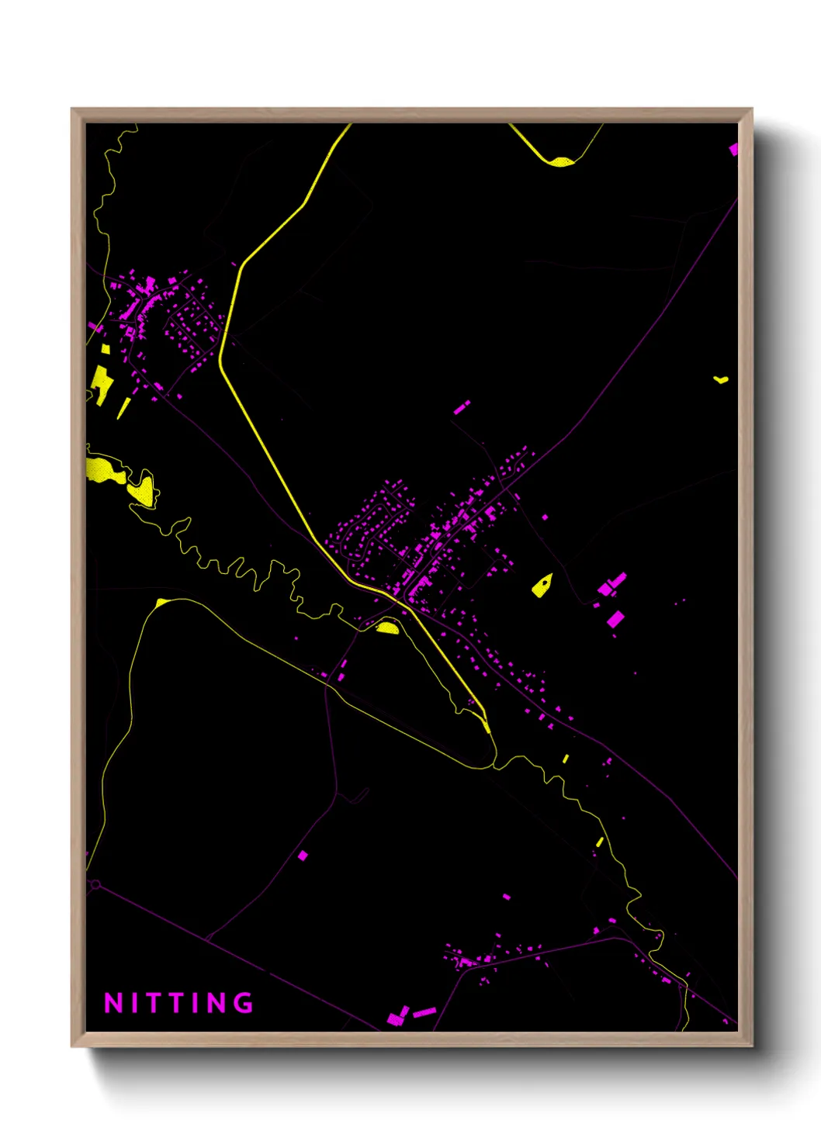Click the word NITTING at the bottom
pos(178,1003)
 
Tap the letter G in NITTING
pos(244,1003)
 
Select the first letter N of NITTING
pos(113,1003)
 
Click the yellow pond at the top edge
pos(561,161)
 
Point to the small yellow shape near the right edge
pos(721,379)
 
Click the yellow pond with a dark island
pos(542,585)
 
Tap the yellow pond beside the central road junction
pos(388,627)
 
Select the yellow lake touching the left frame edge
pos(103,469)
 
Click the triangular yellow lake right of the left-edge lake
pos(144,489)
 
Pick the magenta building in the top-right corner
pos(733,149)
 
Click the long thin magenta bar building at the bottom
pos(424,1012)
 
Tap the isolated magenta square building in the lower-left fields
pos(303,856)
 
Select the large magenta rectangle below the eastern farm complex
pos(615,619)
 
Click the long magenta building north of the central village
pos(462,406)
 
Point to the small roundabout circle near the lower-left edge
pos(95,884)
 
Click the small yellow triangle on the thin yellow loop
pos(161,603)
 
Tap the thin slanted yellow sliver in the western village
pos(123,408)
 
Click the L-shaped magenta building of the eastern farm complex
pos(612,584)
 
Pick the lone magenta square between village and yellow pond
pos(545,517)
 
